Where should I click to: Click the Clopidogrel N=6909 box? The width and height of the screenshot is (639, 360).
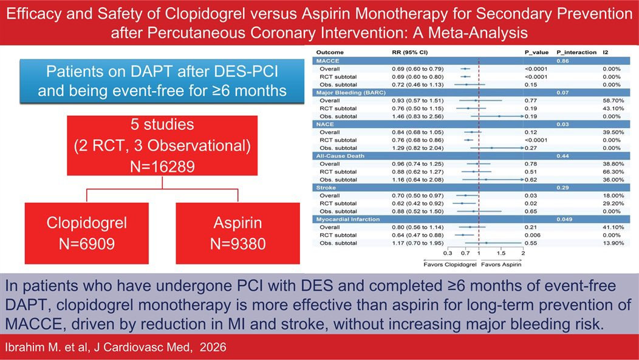[x=87, y=233]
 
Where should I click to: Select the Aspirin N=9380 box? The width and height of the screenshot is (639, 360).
[x=238, y=233]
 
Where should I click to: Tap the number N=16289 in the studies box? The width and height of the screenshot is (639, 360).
[x=162, y=166]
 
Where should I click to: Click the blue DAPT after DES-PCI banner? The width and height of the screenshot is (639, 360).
[x=162, y=81]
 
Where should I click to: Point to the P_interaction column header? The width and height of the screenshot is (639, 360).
[x=576, y=52]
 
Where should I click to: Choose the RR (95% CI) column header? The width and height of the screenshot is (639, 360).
[x=409, y=52]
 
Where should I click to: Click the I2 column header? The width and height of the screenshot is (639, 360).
[x=606, y=52]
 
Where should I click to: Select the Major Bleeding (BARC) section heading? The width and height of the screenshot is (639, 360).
[x=350, y=92]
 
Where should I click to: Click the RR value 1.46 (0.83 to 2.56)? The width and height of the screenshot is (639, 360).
[x=418, y=117]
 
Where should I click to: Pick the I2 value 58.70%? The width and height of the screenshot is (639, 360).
[x=613, y=101]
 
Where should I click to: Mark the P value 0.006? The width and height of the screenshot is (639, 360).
[x=532, y=235]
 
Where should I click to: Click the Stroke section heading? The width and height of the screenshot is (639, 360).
[x=326, y=188]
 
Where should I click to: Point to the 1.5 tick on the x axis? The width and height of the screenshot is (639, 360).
[x=501, y=253]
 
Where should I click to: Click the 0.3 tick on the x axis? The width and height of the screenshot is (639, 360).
[x=448, y=253]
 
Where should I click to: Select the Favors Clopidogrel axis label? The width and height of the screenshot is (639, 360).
[x=450, y=264]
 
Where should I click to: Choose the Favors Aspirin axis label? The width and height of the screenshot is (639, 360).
[x=501, y=264]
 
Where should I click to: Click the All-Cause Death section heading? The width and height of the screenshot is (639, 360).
[x=340, y=156]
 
